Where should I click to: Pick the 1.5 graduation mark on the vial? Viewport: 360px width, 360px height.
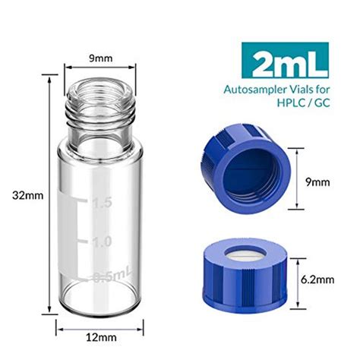[x=102, y=203]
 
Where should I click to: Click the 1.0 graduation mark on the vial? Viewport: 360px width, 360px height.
[x=102, y=241]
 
